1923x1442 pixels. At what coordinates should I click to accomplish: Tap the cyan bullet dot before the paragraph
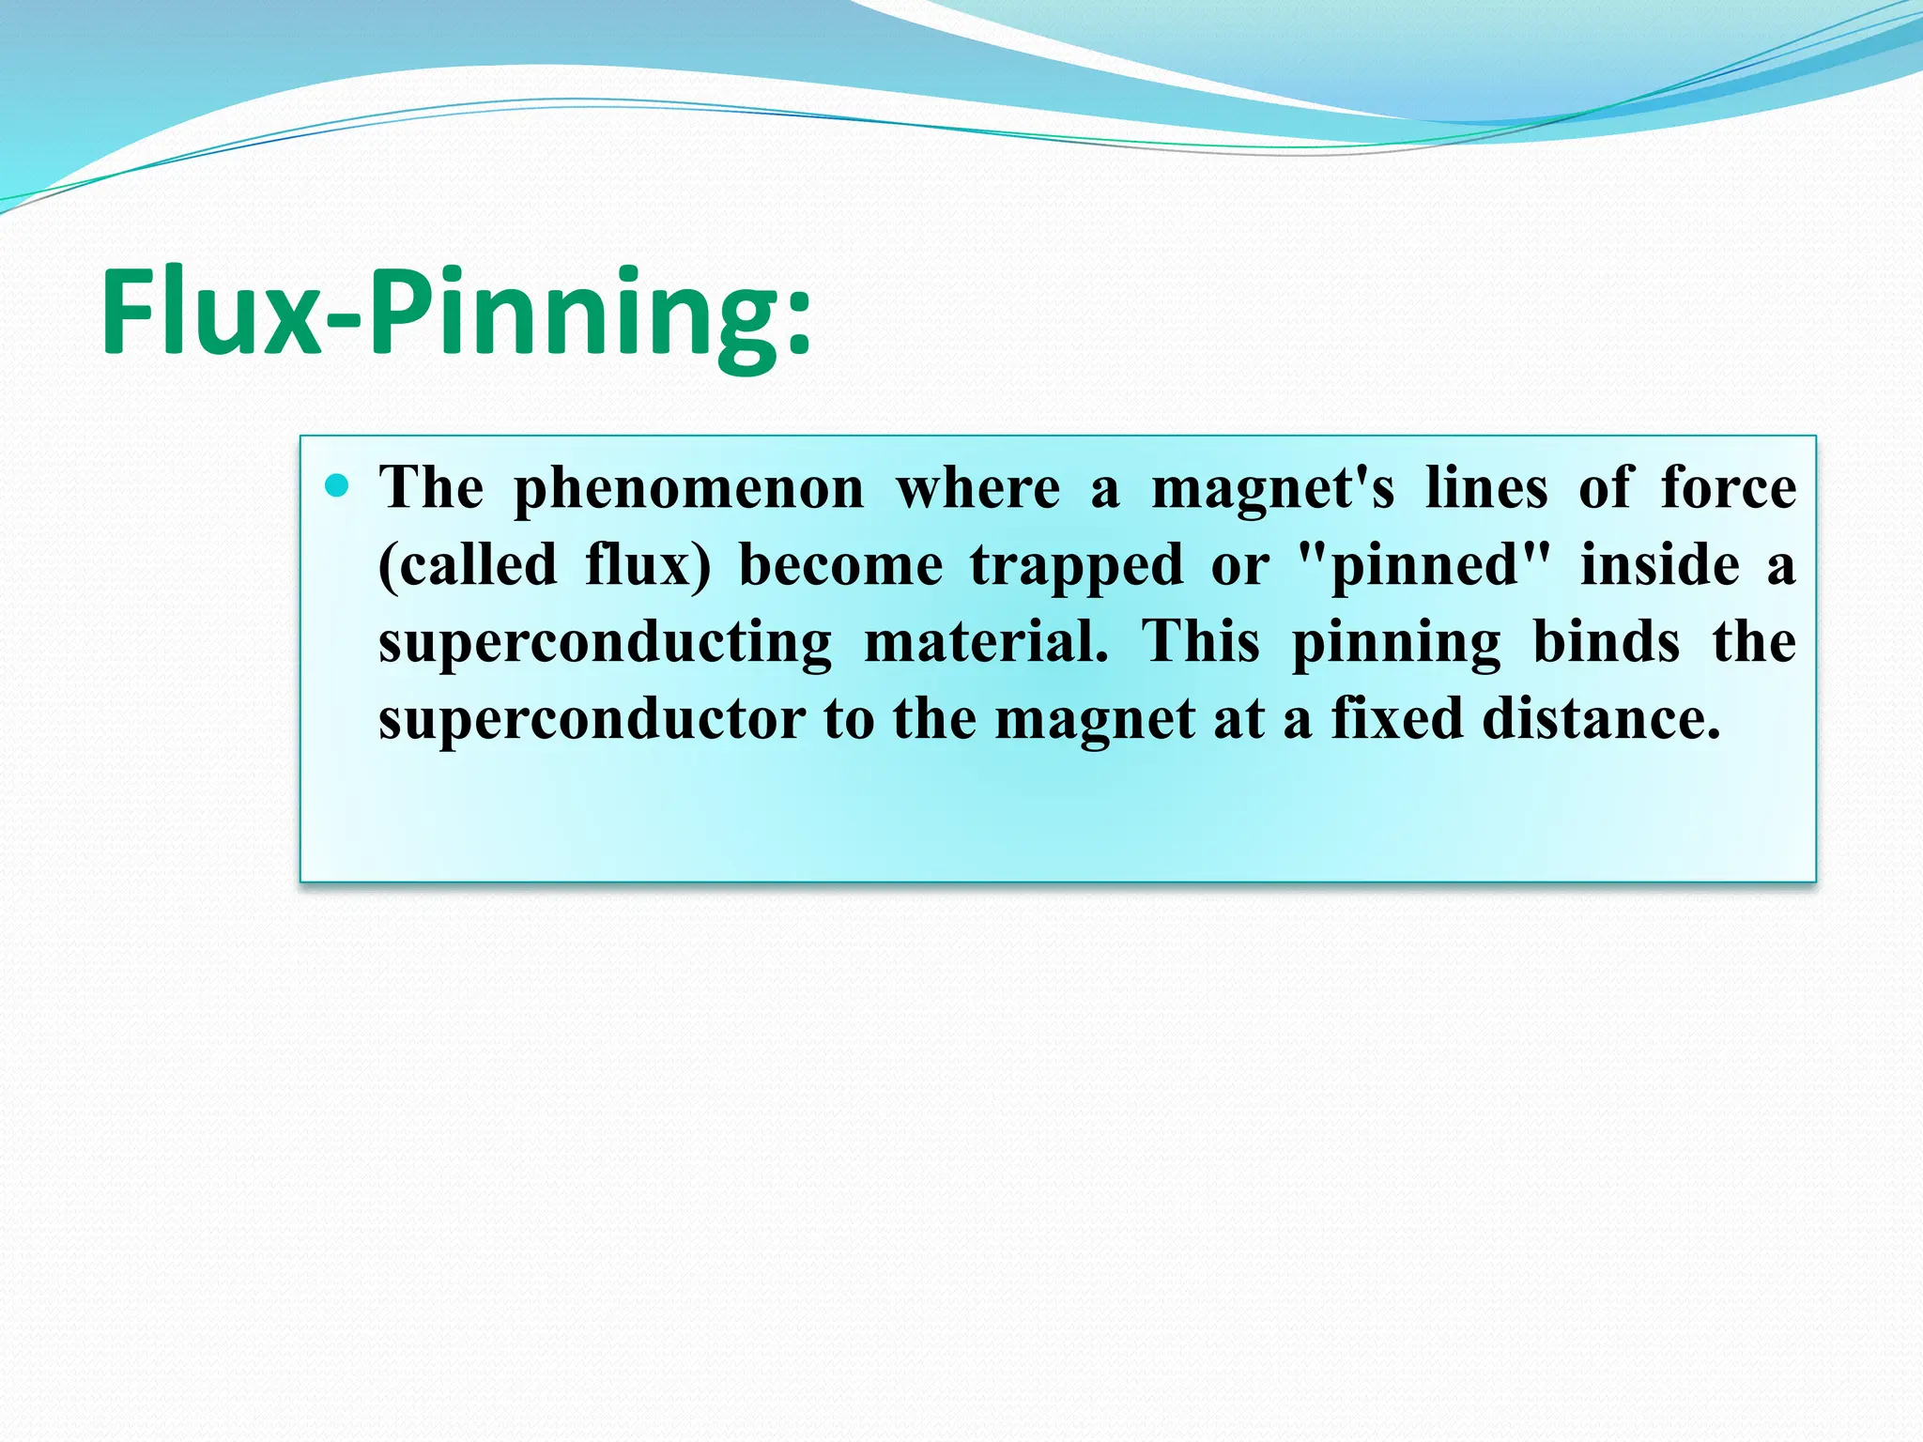(x=336, y=485)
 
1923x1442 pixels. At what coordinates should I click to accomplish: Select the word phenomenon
(x=689, y=490)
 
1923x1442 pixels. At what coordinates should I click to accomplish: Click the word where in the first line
(x=977, y=490)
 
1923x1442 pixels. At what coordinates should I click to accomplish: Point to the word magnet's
(x=1273, y=490)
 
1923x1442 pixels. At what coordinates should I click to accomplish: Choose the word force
(x=1729, y=488)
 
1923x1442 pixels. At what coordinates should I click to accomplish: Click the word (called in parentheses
(x=468, y=566)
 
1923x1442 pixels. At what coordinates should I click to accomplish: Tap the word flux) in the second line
(x=649, y=566)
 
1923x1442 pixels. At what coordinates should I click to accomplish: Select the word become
(x=841, y=566)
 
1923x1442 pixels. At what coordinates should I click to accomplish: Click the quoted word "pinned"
(x=1423, y=566)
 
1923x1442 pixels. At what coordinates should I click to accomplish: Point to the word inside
(x=1660, y=566)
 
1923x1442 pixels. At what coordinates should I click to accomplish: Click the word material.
(x=986, y=643)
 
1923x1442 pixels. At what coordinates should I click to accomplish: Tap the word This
(x=1201, y=642)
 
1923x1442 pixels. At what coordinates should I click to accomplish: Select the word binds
(x=1607, y=642)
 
